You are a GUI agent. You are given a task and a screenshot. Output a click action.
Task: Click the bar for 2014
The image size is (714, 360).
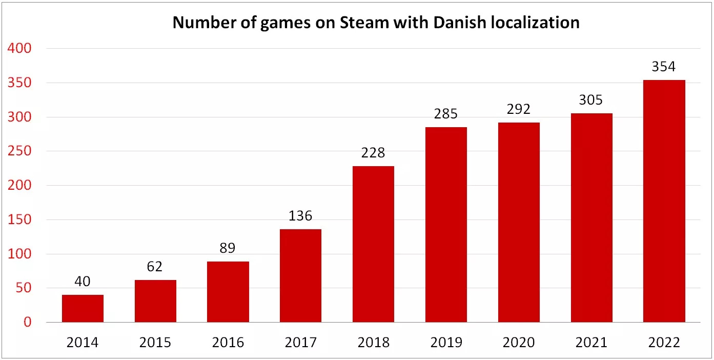pos(83,308)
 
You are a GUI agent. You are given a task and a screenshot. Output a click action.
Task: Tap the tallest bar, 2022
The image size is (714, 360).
pos(664,201)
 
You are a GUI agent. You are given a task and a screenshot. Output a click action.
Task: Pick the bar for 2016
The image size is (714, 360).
pos(228,292)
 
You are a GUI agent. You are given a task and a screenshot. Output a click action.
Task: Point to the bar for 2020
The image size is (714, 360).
pos(519,222)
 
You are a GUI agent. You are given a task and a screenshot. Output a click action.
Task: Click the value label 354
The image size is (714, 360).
pos(664,67)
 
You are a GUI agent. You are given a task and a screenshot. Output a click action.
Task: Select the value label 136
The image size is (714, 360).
pos(300,216)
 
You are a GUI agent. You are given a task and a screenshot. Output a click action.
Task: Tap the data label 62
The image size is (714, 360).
pos(155,267)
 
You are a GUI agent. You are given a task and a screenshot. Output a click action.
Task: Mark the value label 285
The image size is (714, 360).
pos(445,114)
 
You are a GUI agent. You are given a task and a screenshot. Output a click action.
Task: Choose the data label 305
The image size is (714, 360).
pos(591,100)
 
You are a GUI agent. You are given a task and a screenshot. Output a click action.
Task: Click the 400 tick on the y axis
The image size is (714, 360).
pos(21,49)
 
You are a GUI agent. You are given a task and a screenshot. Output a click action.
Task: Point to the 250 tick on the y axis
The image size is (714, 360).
pos(21,151)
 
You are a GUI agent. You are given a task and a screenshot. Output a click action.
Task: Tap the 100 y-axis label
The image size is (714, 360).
pos(21,254)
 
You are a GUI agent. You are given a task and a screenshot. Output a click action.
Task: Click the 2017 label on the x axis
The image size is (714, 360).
pos(300,342)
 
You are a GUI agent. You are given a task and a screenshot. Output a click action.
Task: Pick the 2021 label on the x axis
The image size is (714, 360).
pos(591,342)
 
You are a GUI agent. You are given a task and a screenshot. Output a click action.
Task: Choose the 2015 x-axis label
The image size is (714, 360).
pos(155,342)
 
